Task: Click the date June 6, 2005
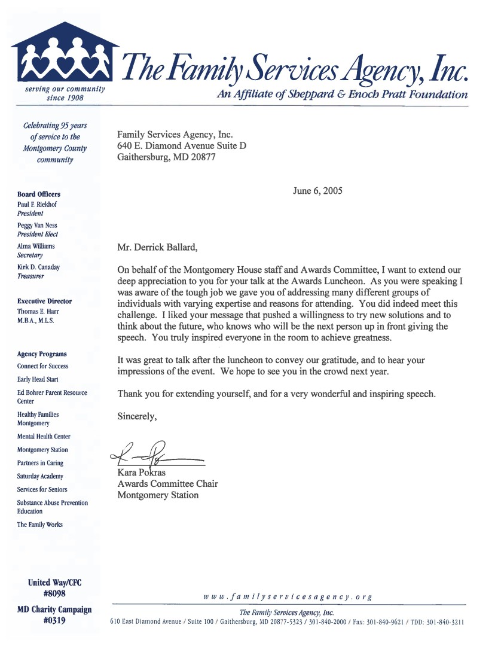[317, 191]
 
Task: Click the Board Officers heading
[39, 194]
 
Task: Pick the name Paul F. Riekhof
[37, 204]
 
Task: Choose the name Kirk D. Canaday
[38, 267]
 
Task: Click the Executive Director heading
[44, 301]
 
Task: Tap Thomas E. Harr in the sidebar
[37, 311]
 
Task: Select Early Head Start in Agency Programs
[38, 379]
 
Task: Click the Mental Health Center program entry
[44, 437]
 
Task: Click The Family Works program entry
[39, 525]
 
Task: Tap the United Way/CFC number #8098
[54, 594]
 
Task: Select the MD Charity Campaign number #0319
[54, 620]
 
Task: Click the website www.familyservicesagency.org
[288, 596]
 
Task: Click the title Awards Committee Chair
[167, 483]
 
